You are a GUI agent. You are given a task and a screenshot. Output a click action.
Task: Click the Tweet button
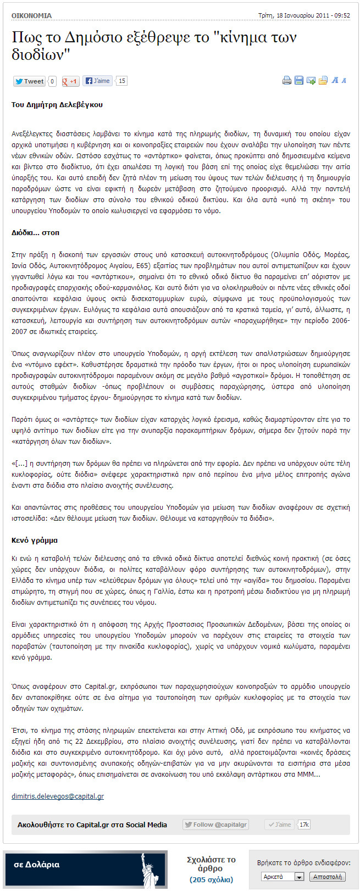click(x=29, y=81)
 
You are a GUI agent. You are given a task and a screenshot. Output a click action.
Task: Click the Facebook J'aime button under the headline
click(x=97, y=81)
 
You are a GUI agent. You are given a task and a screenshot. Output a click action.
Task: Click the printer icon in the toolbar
click(x=286, y=81)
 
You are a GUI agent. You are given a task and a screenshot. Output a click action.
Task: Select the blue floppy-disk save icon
click(x=298, y=81)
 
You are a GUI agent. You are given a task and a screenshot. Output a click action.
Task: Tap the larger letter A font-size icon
click(x=335, y=81)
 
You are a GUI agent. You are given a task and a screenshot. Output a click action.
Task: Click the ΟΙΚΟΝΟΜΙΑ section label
click(x=32, y=16)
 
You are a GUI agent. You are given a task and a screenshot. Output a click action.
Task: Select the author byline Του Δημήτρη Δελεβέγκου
click(x=57, y=104)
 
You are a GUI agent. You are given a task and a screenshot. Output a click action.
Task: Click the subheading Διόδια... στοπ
click(x=35, y=232)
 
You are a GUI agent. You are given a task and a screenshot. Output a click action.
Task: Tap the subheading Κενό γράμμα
click(x=34, y=540)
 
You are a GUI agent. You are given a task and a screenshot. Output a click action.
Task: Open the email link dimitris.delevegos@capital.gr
click(x=58, y=796)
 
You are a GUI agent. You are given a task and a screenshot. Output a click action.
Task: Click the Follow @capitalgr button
click(x=215, y=825)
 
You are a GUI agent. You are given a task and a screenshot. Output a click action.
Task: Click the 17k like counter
click(x=304, y=825)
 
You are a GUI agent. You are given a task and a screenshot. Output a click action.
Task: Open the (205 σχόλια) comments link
click(x=211, y=879)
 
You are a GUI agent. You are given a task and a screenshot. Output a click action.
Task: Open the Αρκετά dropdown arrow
click(x=299, y=877)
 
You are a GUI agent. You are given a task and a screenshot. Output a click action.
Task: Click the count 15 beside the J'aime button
click(x=121, y=81)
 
